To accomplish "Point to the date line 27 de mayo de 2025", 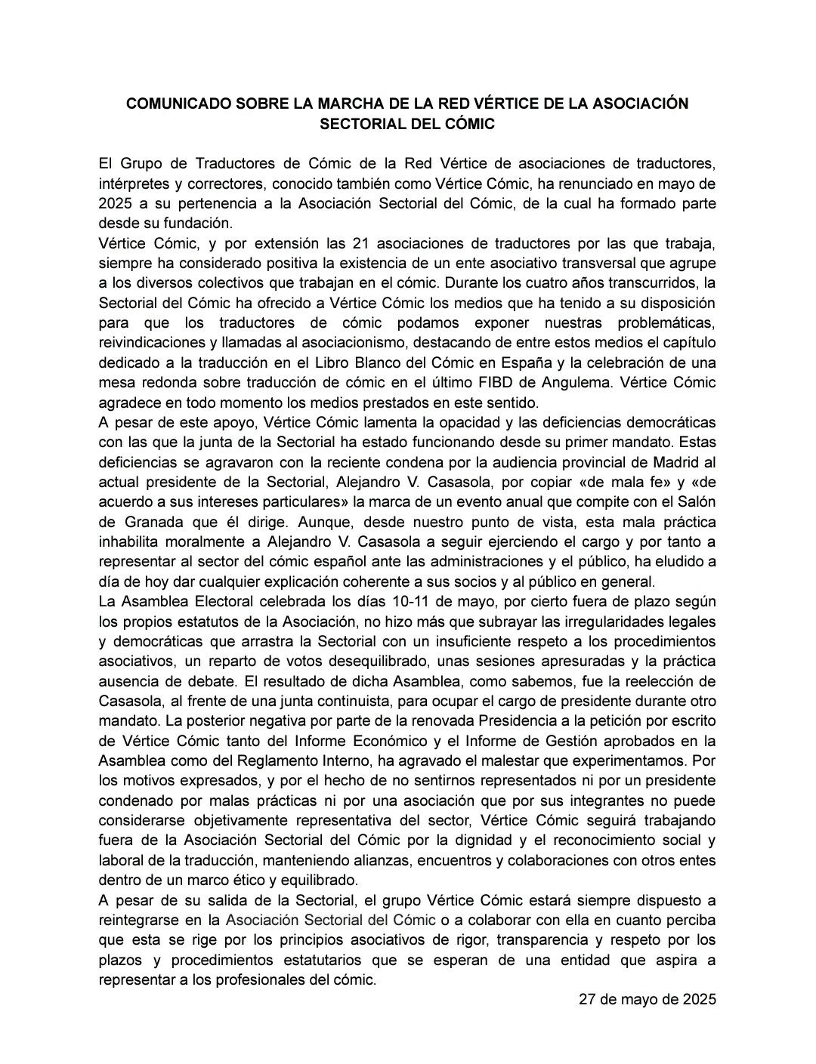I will (647, 1000).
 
